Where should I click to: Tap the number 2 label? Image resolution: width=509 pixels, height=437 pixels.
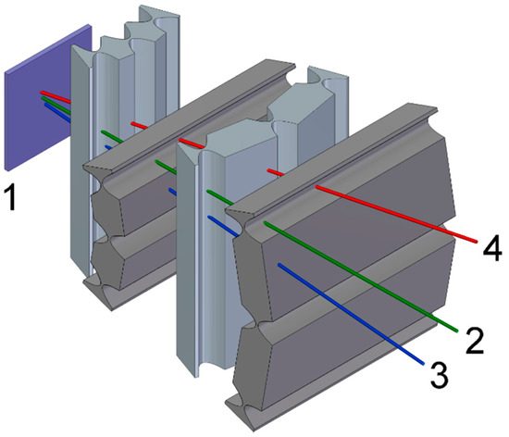(x=475, y=339)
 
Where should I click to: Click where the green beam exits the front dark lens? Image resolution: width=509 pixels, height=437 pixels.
(x=267, y=223)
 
